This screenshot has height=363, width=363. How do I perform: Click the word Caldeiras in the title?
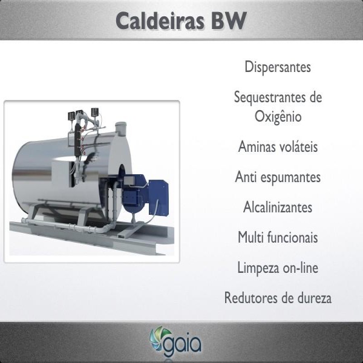(160, 21)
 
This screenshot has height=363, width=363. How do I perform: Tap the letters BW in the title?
(229, 21)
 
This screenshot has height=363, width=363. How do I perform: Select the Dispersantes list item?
(278, 67)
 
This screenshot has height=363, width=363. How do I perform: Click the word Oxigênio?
(278, 116)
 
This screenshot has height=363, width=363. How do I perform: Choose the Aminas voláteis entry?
(278, 146)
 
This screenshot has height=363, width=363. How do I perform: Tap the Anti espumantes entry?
(278, 177)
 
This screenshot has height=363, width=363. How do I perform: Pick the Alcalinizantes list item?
(278, 207)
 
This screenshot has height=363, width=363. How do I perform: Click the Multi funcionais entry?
(278, 237)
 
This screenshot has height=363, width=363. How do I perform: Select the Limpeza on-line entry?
(278, 268)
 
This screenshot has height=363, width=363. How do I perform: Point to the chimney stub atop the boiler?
(121, 129)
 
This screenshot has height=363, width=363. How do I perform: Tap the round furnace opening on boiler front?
(122, 176)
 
